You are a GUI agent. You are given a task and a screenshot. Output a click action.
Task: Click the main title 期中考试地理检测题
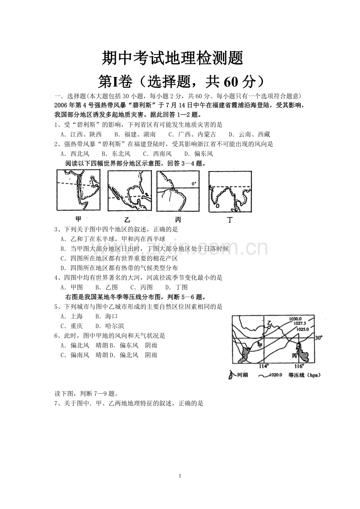(x=173, y=58)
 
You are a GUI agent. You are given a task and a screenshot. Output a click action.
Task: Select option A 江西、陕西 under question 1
(x=81, y=134)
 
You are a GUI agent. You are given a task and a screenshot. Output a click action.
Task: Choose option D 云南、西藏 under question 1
(x=249, y=134)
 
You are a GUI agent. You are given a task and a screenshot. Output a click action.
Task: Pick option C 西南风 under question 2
(x=157, y=154)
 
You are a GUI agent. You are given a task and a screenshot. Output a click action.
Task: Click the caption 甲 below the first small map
(x=78, y=219)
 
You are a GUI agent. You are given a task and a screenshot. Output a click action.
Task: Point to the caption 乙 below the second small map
(x=127, y=220)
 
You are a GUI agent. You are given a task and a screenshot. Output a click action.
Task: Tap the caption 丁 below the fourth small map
(x=230, y=220)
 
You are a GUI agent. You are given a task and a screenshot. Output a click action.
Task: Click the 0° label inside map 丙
(x=194, y=184)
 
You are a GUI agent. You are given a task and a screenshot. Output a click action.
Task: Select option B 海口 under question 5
(x=106, y=316)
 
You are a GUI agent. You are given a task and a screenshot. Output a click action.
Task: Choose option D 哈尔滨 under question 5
(x=110, y=326)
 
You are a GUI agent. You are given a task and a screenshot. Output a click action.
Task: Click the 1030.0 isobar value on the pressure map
(x=295, y=319)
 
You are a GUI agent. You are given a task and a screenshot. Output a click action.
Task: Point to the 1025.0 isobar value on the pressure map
(x=302, y=329)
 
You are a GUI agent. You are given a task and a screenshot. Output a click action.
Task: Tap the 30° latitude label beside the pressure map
(x=319, y=338)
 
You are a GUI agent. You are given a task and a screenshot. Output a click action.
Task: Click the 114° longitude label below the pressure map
(x=264, y=366)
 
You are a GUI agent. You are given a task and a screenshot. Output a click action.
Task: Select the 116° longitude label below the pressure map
(x=299, y=366)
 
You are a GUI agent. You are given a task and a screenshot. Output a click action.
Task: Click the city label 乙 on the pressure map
(x=270, y=323)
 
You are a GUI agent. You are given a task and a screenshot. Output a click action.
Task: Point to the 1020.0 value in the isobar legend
(x=275, y=375)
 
